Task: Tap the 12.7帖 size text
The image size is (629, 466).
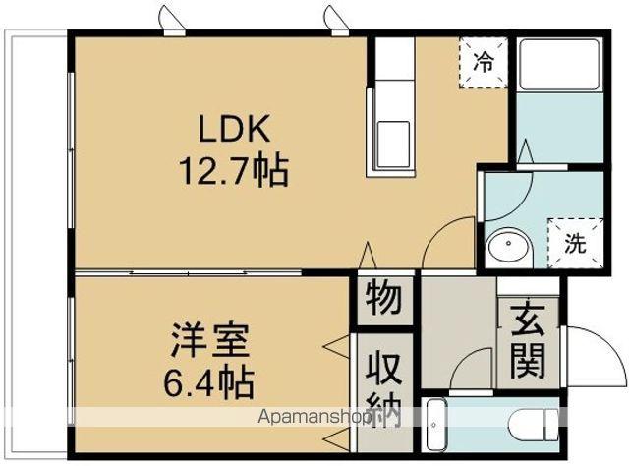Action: (233, 173)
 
